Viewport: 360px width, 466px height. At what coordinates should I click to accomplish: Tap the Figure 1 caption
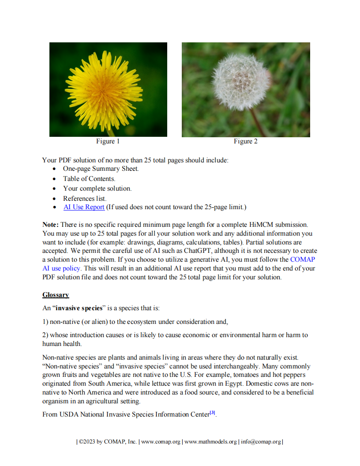pyautogui.click(x=108, y=142)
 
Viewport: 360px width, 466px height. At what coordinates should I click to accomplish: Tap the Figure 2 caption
pyautogui.click(x=246, y=142)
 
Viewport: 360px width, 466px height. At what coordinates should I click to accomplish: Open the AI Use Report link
pyautogui.click(x=84, y=207)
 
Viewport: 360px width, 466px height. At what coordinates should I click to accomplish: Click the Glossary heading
pyautogui.click(x=56, y=295)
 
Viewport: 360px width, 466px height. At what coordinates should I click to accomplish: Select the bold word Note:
pyautogui.click(x=51, y=225)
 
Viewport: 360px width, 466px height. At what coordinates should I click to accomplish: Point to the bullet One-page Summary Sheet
pyautogui.click(x=101, y=169)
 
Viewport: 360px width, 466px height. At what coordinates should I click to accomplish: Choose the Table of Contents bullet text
pyautogui.click(x=89, y=179)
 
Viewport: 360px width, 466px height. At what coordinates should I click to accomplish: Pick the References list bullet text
pyautogui.click(x=85, y=199)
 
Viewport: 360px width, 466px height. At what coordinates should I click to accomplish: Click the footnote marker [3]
pyautogui.click(x=212, y=413)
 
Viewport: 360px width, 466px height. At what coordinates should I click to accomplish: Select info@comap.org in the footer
pyautogui.click(x=261, y=442)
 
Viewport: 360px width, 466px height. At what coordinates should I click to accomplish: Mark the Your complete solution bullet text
pyautogui.click(x=97, y=188)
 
